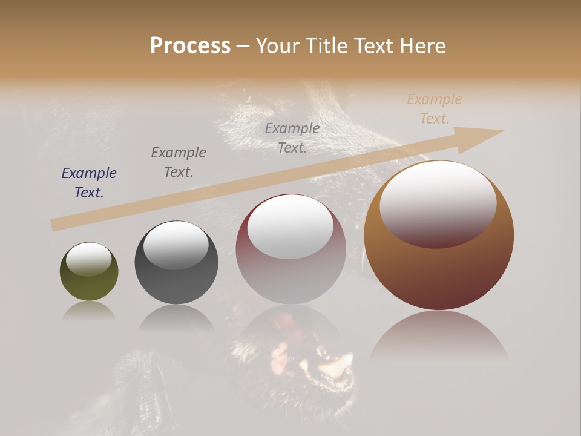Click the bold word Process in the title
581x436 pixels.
[190, 46]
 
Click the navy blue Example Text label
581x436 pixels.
[88, 183]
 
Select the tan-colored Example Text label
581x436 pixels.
[434, 109]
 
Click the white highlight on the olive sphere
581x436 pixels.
[89, 259]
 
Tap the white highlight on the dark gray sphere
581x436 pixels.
[176, 245]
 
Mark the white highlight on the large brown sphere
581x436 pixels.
[438, 203]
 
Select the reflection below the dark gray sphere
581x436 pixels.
[176, 318]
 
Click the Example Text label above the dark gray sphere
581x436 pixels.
[178, 162]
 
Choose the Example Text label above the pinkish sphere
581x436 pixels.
[292, 138]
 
